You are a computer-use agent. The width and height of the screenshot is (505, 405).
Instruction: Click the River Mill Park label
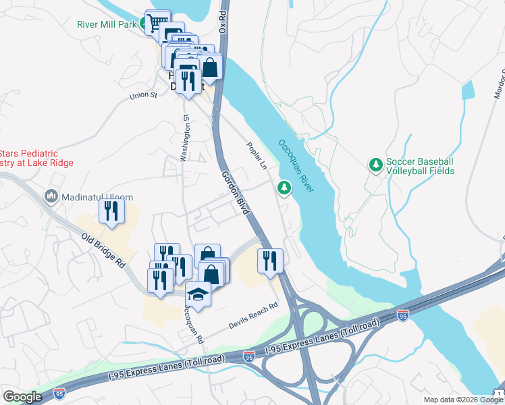106,25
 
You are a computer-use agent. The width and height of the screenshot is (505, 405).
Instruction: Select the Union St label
143,95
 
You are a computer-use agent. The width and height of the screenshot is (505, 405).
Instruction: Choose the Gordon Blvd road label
233,192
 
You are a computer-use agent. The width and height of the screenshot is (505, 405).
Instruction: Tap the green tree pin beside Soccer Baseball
375,164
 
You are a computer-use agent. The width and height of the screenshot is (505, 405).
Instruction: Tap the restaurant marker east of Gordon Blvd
270,259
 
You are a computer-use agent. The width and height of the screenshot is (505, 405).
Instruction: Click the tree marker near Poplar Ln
284,186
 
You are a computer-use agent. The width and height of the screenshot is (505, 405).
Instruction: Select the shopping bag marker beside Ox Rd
210,67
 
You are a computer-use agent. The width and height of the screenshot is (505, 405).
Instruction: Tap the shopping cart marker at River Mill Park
157,22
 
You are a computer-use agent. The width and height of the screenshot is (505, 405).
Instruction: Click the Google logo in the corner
22,397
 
